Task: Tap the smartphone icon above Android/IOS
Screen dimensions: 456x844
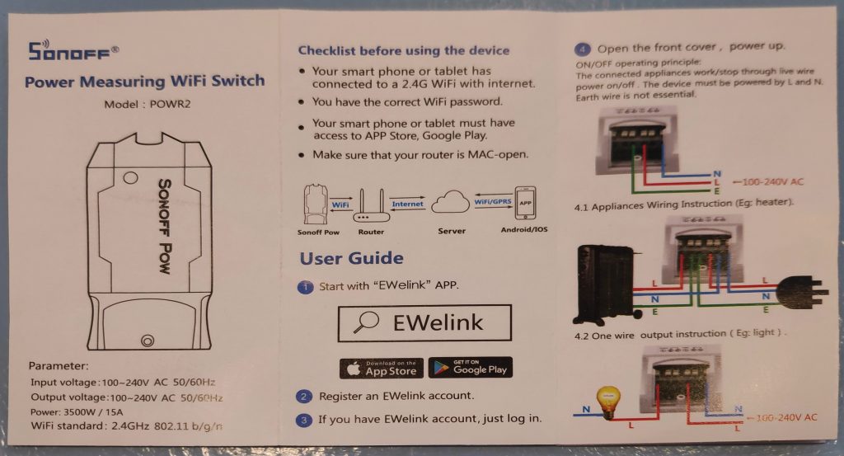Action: pos(526,202)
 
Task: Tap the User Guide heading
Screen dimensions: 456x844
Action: pos(351,258)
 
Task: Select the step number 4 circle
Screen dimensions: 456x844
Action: pos(584,47)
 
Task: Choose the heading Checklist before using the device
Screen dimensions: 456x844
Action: pos(404,50)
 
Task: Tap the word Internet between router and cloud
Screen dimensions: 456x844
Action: pos(408,203)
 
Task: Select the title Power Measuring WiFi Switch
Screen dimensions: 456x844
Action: pos(145,81)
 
